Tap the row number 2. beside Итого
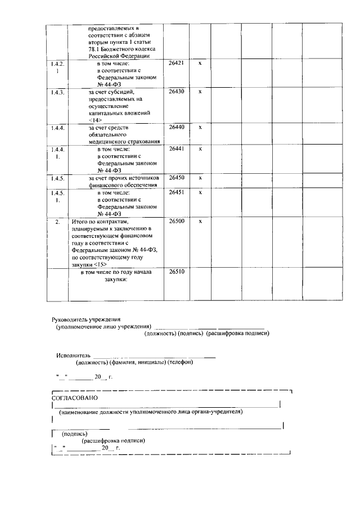[x=57, y=222]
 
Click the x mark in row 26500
[x=200, y=222]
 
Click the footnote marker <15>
[x=99, y=264]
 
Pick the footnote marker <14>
[x=96, y=120]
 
